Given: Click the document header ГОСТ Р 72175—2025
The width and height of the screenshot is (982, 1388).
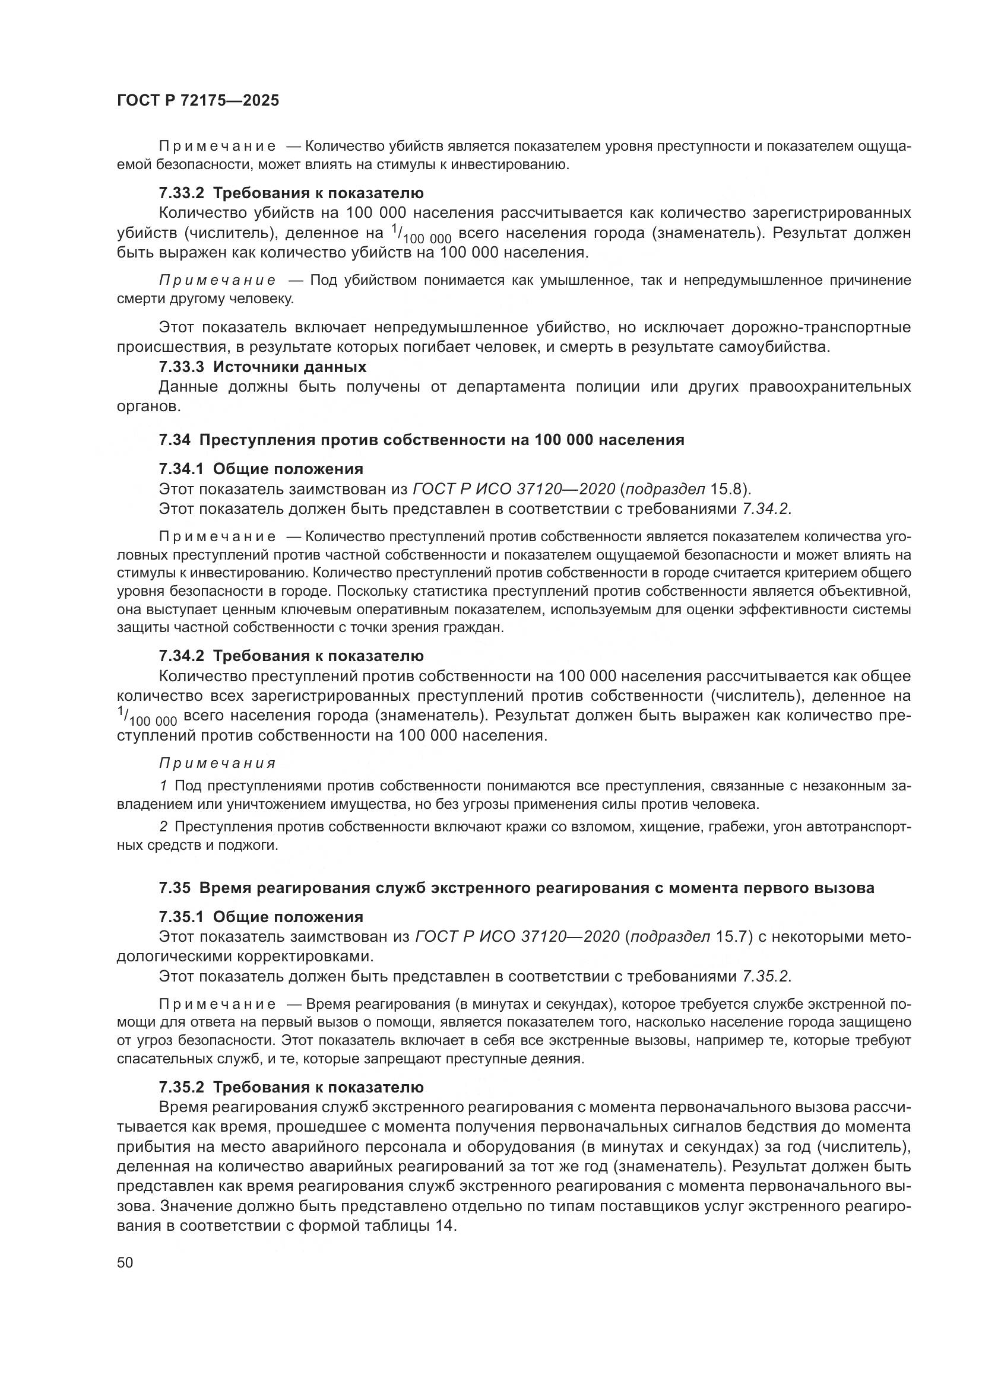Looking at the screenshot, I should point(198,101).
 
